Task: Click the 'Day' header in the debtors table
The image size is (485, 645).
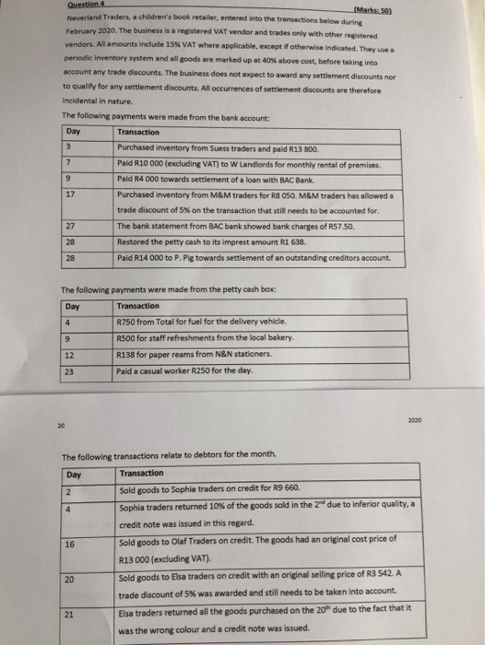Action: pos(76,475)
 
